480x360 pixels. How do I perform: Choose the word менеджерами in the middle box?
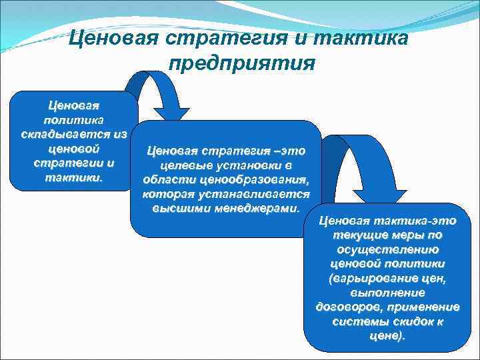tap(256, 207)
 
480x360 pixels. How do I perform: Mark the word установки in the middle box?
tap(251, 165)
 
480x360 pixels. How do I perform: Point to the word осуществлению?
tap(387, 249)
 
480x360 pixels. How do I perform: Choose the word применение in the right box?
tap(427, 307)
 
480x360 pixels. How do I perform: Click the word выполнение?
tap(387, 293)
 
